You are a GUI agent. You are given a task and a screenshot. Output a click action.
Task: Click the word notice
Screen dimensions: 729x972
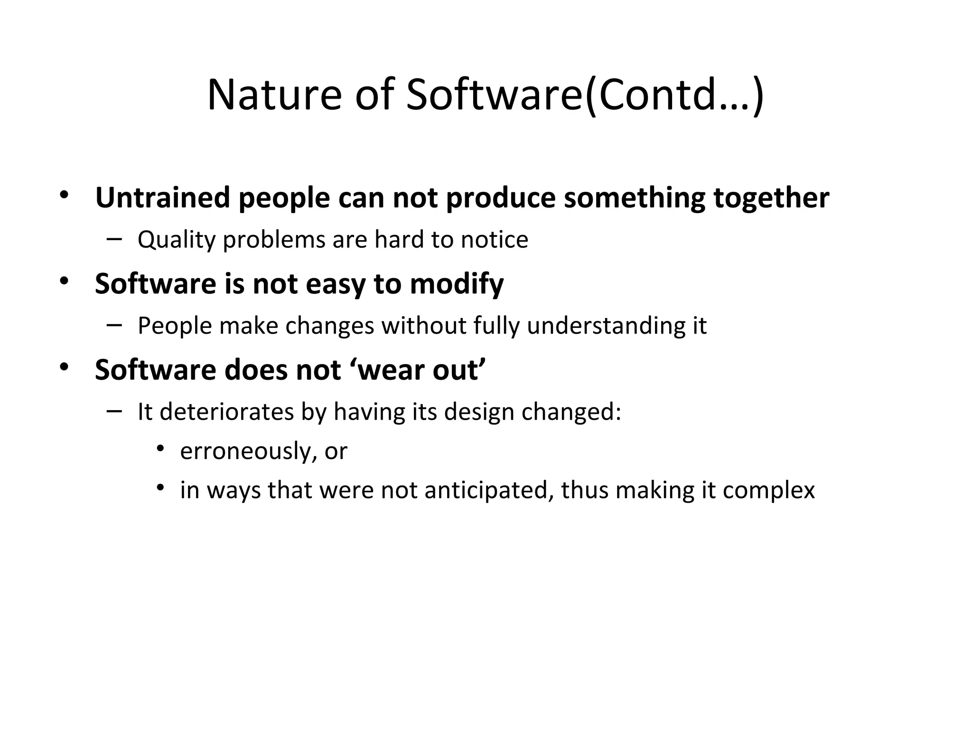coord(494,240)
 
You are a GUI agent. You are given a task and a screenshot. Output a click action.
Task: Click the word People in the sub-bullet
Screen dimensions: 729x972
coord(174,326)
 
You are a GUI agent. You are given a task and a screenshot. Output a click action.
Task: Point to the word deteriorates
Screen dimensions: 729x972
coord(227,412)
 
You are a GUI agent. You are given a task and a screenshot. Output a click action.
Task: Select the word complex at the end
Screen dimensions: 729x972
coord(768,491)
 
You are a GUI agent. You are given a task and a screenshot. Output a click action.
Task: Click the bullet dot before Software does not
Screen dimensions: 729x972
coord(64,367)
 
